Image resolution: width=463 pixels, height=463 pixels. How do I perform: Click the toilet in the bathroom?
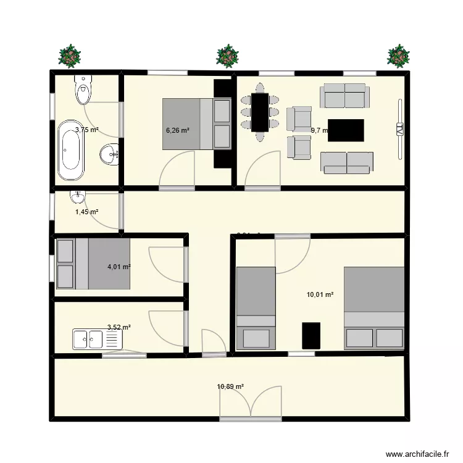83,90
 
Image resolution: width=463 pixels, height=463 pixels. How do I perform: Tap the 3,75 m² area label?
87,130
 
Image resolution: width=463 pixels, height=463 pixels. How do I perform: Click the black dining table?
259,112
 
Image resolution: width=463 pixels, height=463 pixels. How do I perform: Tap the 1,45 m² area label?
87,212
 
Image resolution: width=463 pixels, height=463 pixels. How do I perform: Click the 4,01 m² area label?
119,267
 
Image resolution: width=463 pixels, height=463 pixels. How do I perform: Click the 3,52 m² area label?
119,328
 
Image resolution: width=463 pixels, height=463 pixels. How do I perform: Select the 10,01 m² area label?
320,294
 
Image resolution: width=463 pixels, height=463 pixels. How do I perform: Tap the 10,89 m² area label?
230,387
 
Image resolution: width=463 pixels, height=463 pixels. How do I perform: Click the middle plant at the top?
228,56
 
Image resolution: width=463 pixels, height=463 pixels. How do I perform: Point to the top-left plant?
70,56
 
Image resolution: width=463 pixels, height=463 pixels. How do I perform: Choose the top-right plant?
398,56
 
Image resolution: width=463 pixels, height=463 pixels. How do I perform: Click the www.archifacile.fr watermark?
418,454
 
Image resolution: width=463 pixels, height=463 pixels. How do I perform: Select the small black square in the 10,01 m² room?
311,335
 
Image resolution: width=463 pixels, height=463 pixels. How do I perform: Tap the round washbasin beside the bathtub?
110,153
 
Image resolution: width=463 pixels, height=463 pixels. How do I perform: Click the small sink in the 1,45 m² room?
78,198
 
